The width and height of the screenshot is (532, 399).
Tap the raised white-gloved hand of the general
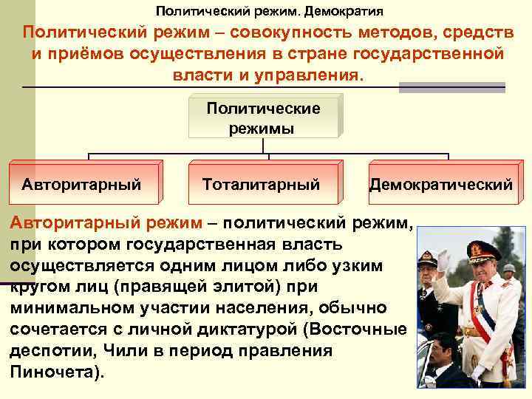[443, 261]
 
